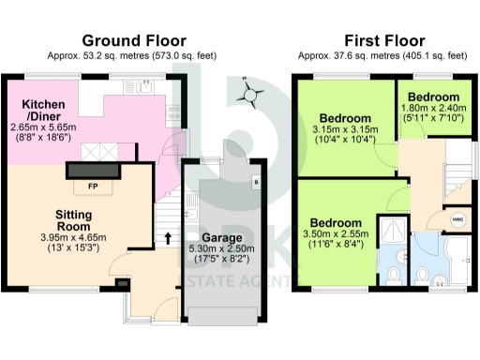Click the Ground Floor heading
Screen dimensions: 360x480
tap(134, 40)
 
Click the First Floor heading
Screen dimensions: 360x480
tap(384, 40)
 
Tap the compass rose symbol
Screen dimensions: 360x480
tap(249, 92)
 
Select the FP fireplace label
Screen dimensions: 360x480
tap(93, 186)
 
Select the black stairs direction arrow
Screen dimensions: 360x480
tap(169, 237)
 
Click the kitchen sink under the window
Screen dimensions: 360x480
tap(142, 89)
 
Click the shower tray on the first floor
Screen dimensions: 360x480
tap(389, 231)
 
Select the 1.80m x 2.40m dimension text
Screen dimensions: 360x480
tap(435, 109)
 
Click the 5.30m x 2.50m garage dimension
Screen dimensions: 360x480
tap(221, 251)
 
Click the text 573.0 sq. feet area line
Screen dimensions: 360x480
tap(134, 55)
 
